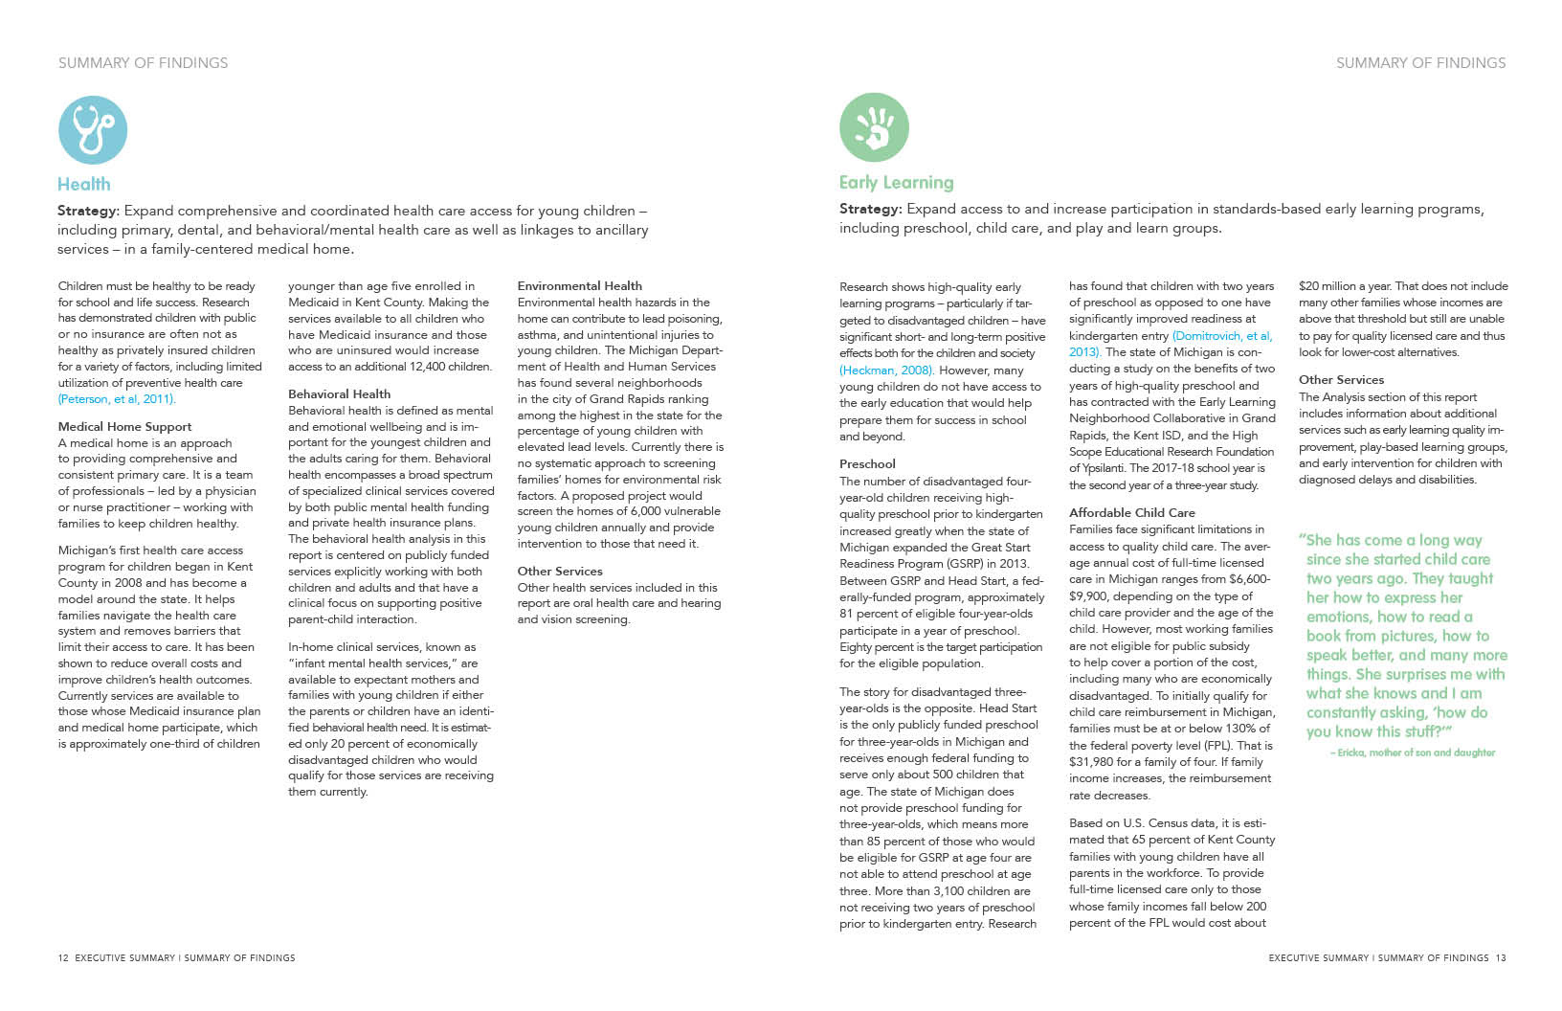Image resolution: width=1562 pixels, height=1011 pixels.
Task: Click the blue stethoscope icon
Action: (92, 129)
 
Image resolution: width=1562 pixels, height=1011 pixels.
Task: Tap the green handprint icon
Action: (874, 127)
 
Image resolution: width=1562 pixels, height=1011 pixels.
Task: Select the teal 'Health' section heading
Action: (84, 184)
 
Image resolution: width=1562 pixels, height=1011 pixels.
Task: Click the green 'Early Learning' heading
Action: (896, 182)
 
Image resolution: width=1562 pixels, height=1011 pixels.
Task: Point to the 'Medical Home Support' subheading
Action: (124, 427)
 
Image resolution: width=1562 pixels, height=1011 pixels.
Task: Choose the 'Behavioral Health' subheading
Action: (339, 393)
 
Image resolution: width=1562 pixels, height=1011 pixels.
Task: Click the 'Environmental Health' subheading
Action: (579, 285)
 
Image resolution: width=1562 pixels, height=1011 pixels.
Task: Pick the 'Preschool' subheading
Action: (867, 464)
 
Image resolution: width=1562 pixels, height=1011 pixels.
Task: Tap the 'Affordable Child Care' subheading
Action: (1131, 512)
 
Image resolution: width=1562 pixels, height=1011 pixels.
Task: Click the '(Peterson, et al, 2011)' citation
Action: (117, 399)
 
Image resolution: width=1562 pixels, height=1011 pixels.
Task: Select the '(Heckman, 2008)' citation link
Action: (885, 371)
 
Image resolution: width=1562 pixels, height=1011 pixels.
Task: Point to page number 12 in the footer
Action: (63, 957)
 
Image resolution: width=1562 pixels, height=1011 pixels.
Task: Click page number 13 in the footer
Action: (1501, 957)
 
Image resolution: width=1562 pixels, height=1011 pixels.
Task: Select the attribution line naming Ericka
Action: (1412, 753)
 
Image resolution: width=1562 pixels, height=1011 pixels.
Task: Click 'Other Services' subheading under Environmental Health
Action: (560, 572)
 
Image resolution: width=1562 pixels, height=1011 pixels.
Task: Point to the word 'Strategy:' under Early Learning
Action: (871, 209)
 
